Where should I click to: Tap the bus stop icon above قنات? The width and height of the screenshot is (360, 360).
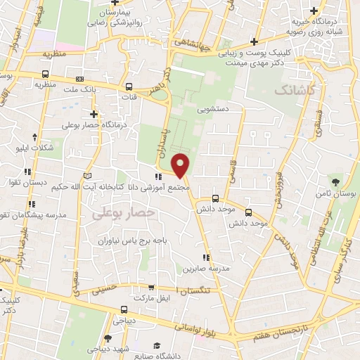pos(129,87)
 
